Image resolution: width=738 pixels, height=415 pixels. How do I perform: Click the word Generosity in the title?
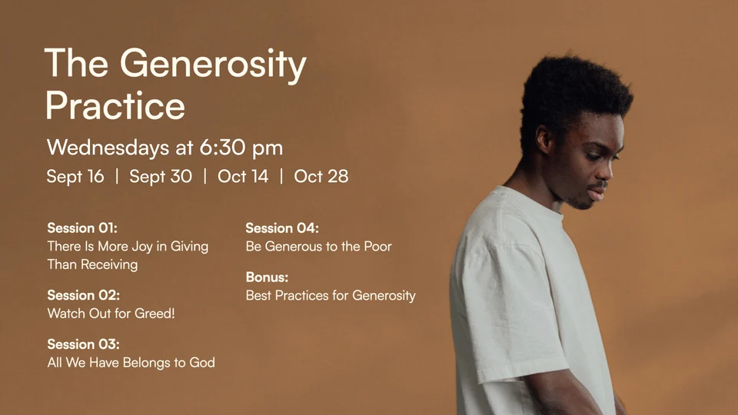(213, 65)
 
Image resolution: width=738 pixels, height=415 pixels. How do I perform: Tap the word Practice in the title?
(115, 105)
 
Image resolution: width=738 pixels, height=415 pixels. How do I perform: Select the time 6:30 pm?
(241, 148)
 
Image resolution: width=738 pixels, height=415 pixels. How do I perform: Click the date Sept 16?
(75, 177)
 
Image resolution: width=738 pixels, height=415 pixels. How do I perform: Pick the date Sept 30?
(161, 177)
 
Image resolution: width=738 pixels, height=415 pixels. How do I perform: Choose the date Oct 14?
(243, 177)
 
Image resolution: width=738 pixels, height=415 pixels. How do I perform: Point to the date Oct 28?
(321, 177)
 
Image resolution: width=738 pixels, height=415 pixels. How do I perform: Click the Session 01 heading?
(82, 228)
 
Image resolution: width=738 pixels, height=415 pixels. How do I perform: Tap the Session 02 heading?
(83, 295)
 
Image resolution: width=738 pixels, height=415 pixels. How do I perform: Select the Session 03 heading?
(83, 344)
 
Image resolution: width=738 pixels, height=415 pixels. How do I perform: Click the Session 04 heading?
(282, 228)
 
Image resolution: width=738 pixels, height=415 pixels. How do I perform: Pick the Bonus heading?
(267, 277)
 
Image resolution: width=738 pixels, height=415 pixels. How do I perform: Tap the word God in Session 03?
(202, 362)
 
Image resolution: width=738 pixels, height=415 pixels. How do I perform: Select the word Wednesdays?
(108, 148)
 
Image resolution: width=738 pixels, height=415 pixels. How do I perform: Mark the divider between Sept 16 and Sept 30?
(117, 177)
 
